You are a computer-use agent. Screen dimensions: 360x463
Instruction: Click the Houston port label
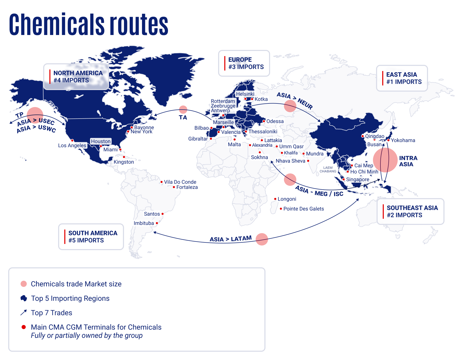(x=101, y=141)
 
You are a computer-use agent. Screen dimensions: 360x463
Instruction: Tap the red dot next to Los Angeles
(x=72, y=141)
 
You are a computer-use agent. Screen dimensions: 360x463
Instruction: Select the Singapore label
(x=358, y=179)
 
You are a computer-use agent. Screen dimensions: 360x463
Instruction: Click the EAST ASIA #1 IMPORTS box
(x=402, y=78)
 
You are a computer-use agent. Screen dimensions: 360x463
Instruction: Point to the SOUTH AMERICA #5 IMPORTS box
(x=91, y=237)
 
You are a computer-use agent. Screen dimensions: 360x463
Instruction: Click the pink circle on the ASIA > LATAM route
(x=262, y=239)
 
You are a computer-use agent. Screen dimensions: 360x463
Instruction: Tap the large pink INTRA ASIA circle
(x=385, y=160)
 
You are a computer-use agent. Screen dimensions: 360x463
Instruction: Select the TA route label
(x=183, y=118)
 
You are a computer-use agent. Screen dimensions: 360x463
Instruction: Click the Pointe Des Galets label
(x=304, y=209)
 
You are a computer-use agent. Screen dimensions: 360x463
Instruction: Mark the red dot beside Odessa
(x=264, y=121)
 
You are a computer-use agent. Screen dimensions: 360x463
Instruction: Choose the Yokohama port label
(x=403, y=140)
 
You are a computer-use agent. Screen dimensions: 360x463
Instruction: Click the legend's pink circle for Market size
(x=24, y=284)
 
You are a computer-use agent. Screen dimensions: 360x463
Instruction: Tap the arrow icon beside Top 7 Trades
(x=24, y=313)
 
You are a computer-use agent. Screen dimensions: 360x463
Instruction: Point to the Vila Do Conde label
(x=180, y=182)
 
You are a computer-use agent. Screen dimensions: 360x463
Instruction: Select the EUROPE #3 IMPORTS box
(x=244, y=63)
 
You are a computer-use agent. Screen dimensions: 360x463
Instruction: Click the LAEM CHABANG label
(x=328, y=169)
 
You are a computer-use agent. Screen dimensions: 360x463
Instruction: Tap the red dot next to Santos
(x=163, y=214)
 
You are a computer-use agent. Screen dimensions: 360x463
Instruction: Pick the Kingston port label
(x=124, y=162)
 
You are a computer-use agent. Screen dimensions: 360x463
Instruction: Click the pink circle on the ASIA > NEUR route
(x=290, y=106)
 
